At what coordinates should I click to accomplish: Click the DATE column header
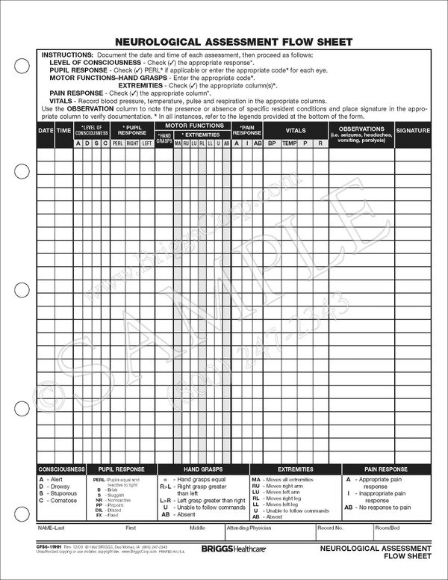click(46, 131)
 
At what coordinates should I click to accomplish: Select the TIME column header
click(63, 131)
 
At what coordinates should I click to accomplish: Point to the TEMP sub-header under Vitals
click(289, 142)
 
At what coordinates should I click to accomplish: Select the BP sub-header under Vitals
click(272, 142)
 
